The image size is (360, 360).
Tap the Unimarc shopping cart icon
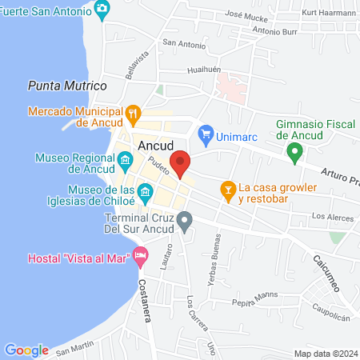pyautogui.click(x=206, y=132)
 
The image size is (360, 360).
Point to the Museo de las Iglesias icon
pyautogui.click(x=145, y=192)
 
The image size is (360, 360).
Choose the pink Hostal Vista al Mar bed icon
pyautogui.click(x=142, y=258)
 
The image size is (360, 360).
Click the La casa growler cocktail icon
pyautogui.click(x=227, y=189)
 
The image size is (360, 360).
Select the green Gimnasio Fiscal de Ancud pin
pyautogui.click(x=295, y=150)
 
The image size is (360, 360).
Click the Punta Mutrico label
pyautogui.click(x=67, y=85)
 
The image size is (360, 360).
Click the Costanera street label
pyautogui.click(x=144, y=299)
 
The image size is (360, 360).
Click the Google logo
pyautogui.click(x=27, y=350)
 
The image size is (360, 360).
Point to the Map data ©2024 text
pyautogui.click(x=325, y=354)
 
